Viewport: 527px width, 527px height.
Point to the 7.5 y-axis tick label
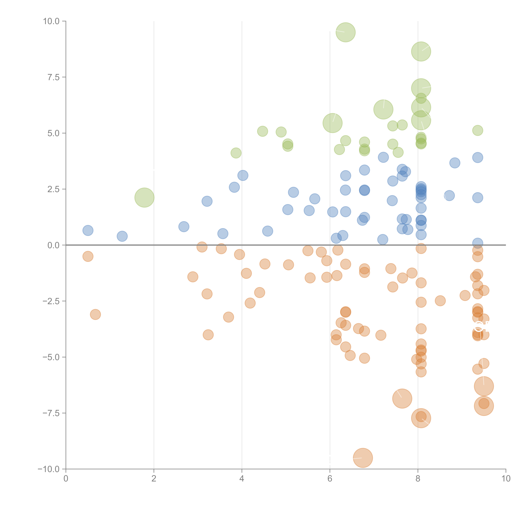pyautogui.click(x=53, y=77)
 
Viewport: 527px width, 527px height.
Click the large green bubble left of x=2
pyautogui.click(x=144, y=198)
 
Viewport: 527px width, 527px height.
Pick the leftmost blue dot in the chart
pyautogui.click(x=88, y=231)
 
